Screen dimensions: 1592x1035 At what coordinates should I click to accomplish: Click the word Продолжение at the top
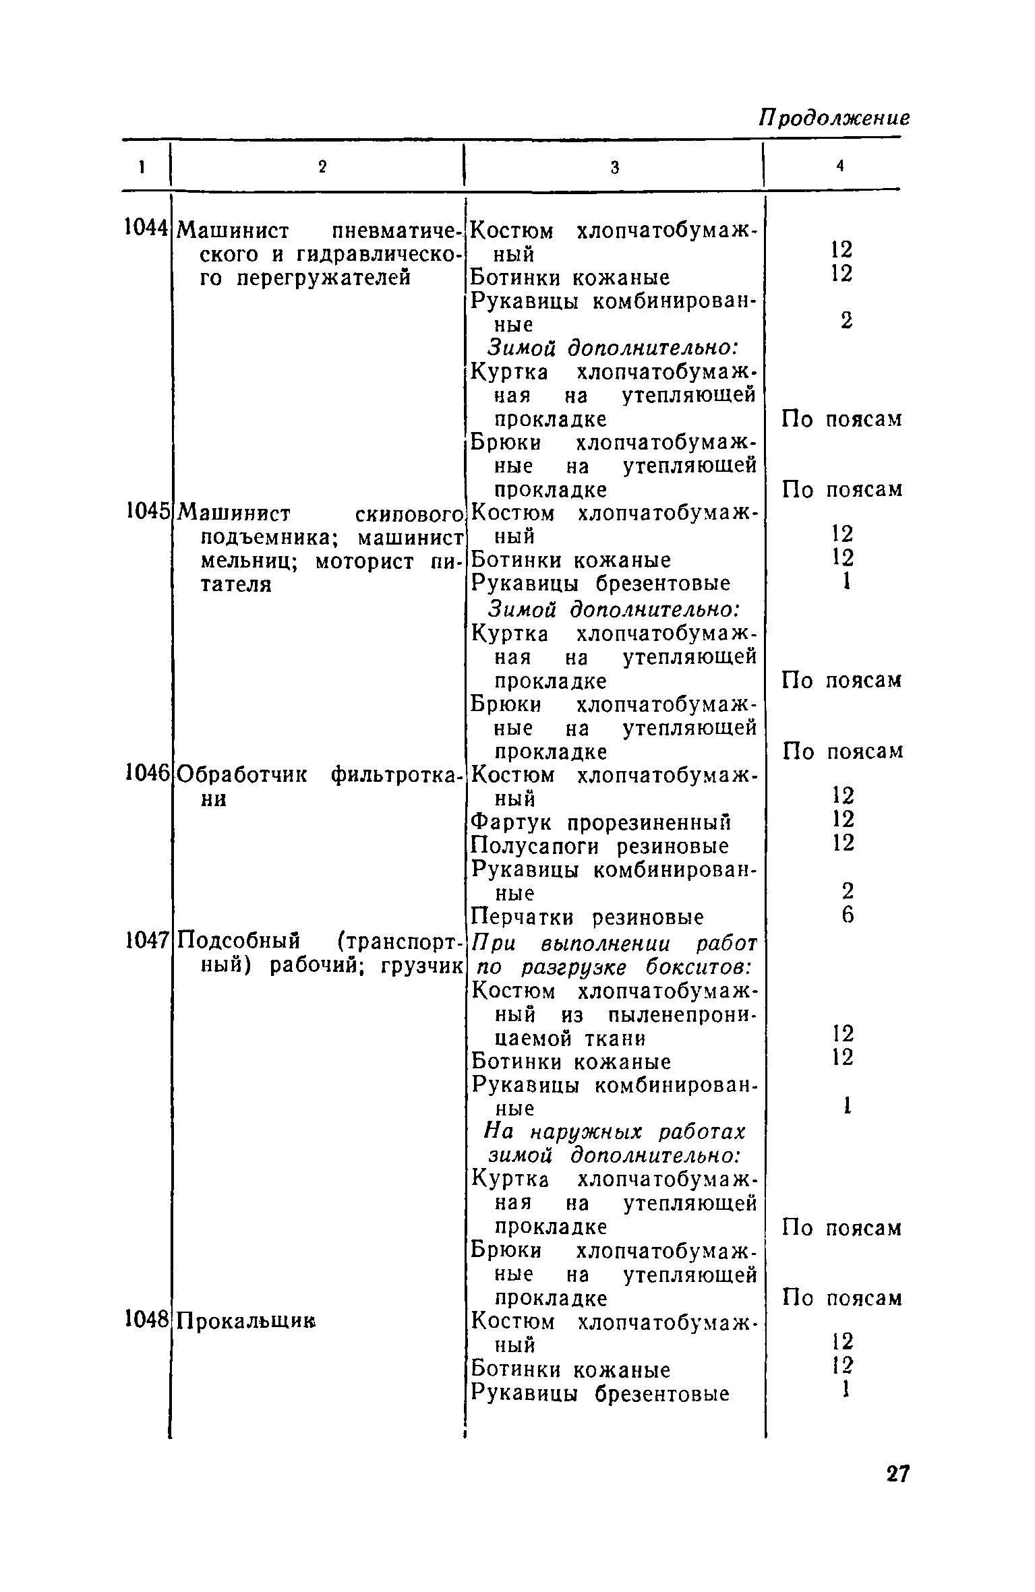tap(834, 119)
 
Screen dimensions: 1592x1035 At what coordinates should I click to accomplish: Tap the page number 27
tap(897, 1474)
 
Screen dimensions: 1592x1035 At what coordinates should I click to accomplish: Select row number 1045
tap(146, 512)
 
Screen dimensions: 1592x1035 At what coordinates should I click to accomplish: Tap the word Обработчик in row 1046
tap(243, 775)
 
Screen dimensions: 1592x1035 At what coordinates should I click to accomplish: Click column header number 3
tap(614, 168)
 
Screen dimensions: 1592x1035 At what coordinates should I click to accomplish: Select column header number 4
tap(840, 166)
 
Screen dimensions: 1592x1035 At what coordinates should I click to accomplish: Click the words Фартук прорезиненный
tap(600, 823)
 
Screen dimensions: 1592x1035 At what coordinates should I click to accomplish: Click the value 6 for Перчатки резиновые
tap(848, 915)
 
